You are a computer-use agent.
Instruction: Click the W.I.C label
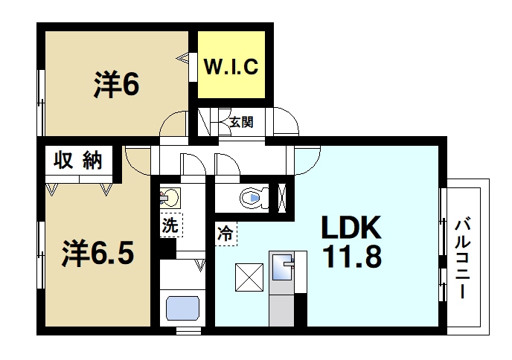(231, 68)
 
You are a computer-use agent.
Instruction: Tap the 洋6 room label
(116, 85)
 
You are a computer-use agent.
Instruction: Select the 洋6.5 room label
(97, 253)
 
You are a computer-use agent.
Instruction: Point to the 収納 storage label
(77, 160)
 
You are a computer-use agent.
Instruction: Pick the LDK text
(351, 227)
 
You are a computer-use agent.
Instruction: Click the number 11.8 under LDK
(351, 257)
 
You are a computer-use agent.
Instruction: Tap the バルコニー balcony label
(464, 257)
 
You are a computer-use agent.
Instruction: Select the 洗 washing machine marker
(170, 225)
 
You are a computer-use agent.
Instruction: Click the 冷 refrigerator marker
(225, 234)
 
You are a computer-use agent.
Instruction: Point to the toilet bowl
(252, 198)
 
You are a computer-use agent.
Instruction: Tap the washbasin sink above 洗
(170, 199)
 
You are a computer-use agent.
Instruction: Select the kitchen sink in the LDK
(284, 267)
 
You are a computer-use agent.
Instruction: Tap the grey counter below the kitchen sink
(281, 305)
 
